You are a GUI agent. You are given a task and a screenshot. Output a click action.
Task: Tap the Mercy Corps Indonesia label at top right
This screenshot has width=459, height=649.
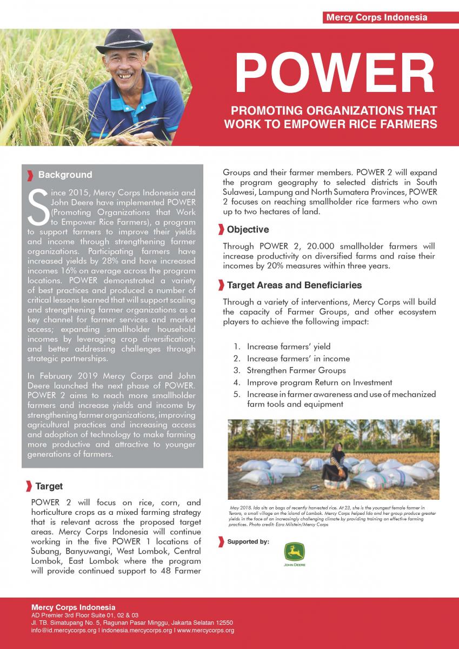pyautogui.click(x=376, y=17)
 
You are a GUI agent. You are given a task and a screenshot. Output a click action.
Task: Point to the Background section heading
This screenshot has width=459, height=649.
pyautogui.click(x=65, y=175)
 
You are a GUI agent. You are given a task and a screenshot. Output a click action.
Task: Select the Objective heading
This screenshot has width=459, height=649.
pyautogui.click(x=248, y=230)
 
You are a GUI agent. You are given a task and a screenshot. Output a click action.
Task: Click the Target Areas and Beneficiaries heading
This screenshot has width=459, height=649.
pyautogui.click(x=294, y=285)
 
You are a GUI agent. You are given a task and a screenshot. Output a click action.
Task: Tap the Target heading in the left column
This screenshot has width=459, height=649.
pyautogui.click(x=49, y=486)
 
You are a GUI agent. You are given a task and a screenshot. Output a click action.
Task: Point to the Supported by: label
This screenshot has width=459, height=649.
pyautogui.click(x=248, y=541)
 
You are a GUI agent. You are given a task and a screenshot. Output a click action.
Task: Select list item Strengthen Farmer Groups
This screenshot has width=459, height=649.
pyautogui.click(x=296, y=370)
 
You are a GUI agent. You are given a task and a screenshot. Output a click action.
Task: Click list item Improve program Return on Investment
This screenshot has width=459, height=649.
pyautogui.click(x=320, y=382)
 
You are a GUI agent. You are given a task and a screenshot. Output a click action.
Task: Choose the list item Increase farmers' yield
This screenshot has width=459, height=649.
pyautogui.click(x=289, y=347)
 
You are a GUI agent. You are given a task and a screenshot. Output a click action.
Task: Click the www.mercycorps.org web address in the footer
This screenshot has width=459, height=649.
pyautogui.click(x=205, y=631)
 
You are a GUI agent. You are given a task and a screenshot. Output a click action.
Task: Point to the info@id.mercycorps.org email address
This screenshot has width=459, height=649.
pyautogui.click(x=64, y=631)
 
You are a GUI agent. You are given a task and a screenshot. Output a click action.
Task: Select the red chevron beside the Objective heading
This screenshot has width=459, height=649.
pyautogui.click(x=221, y=230)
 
